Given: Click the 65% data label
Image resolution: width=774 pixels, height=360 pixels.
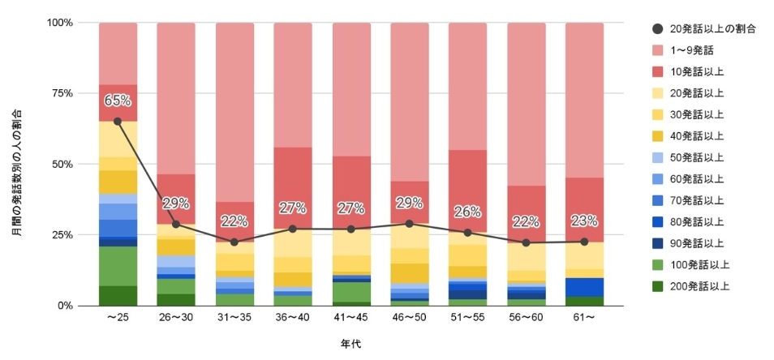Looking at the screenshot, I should [118, 101].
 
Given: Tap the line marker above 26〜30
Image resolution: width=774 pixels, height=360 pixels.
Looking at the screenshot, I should [176, 224].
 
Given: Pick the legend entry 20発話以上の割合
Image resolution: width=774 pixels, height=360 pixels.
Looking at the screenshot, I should [712, 28].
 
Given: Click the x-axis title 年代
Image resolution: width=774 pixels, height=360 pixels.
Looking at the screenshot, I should [351, 344].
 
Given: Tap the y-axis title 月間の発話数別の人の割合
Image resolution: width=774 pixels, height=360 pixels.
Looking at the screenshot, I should [16, 172].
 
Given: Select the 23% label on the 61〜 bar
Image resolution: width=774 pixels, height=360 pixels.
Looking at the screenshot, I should [584, 220].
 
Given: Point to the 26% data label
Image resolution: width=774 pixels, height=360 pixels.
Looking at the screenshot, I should [468, 212].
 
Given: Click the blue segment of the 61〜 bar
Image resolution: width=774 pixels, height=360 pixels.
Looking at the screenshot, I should [584, 287].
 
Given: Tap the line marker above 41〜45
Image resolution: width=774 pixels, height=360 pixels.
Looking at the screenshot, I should [351, 229].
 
